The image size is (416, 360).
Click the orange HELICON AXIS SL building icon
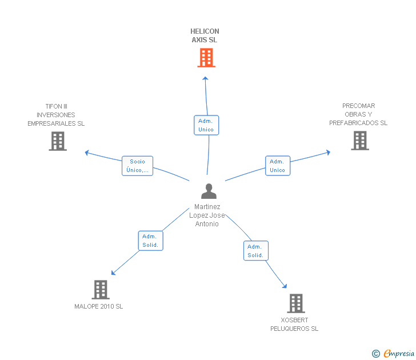click(206, 58)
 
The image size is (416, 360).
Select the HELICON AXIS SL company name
click(205, 35)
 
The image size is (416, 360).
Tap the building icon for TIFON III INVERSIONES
click(58, 141)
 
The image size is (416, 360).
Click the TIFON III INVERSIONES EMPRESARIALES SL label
click(56, 115)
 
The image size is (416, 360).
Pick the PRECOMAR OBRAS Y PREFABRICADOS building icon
click(359, 141)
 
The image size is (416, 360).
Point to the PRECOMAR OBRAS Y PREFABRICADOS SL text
click(359, 114)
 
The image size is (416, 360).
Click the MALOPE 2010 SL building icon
click(101, 290)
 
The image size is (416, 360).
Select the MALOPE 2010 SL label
click(99, 306)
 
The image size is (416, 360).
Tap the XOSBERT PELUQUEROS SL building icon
click(295, 303)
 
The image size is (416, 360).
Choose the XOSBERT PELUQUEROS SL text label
click(294, 324)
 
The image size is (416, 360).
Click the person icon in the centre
click(209, 191)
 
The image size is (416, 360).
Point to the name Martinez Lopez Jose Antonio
click(206, 215)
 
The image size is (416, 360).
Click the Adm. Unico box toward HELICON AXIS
click(206, 125)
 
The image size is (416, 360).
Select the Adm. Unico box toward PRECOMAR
click(278, 166)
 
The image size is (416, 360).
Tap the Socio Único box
click(137, 166)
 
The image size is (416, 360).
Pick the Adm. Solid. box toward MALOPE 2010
click(150, 241)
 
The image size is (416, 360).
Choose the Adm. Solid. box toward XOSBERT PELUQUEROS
click(255, 251)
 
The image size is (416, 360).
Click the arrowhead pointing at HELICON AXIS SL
click(206, 78)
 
